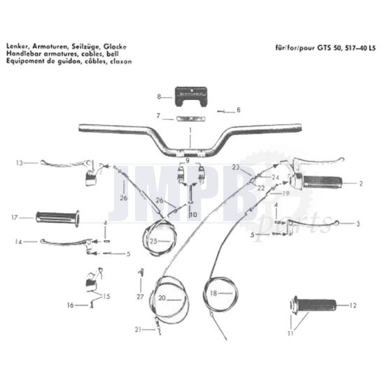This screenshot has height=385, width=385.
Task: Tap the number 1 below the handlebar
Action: click(x=189, y=131)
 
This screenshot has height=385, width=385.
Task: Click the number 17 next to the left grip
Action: click(x=14, y=217)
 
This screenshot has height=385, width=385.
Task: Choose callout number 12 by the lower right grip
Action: click(x=353, y=305)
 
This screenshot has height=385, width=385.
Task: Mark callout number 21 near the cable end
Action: click(x=138, y=328)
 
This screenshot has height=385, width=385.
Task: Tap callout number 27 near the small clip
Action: click(x=140, y=297)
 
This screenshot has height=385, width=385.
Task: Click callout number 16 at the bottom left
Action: click(x=70, y=305)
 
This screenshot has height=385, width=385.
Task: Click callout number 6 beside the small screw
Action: click(x=238, y=110)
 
